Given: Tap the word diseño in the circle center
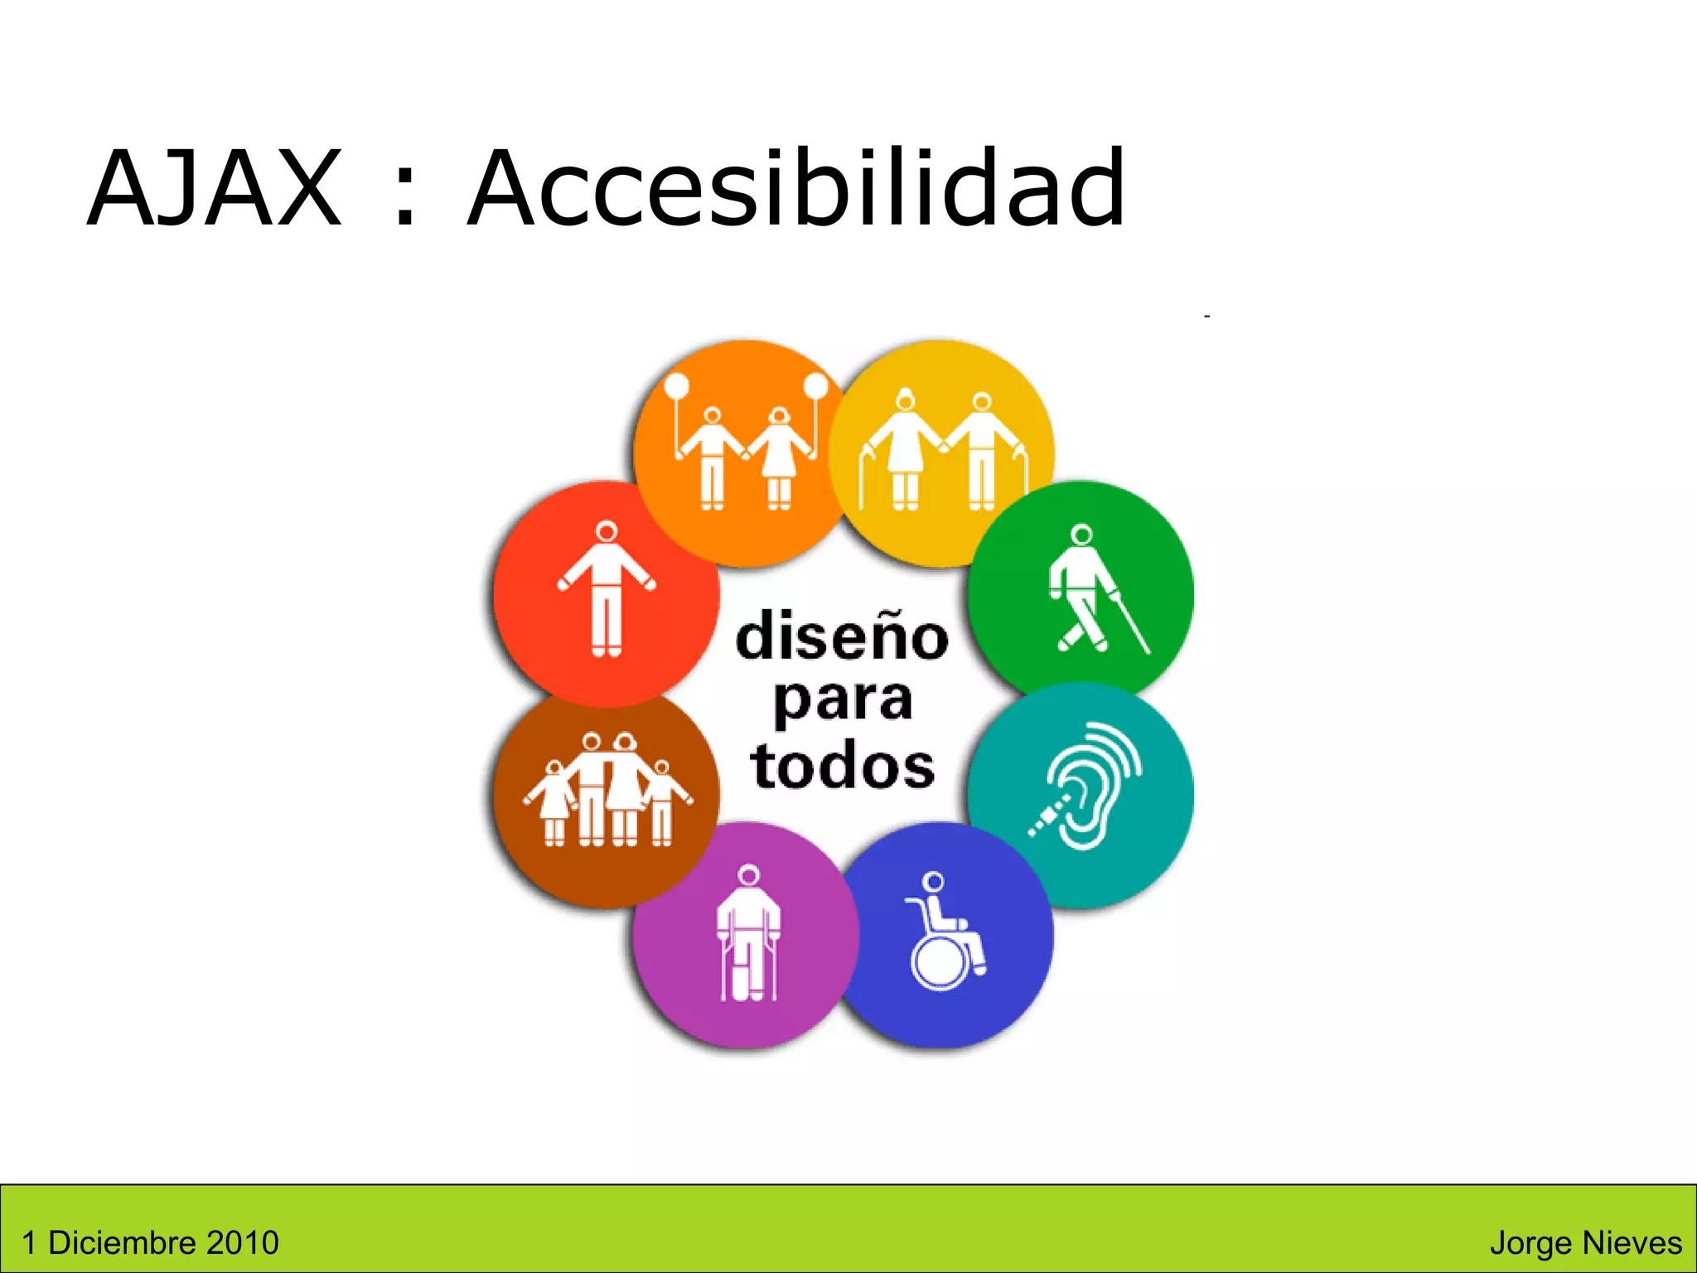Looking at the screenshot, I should (842, 636).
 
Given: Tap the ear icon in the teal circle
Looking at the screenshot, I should (1087, 787).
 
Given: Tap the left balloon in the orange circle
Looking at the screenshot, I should (677, 385).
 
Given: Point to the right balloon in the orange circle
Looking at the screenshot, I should (816, 385).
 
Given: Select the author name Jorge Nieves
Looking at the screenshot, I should (1585, 1242).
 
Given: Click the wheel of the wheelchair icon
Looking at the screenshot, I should (940, 964).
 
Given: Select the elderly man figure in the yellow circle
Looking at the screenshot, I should (982, 452).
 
